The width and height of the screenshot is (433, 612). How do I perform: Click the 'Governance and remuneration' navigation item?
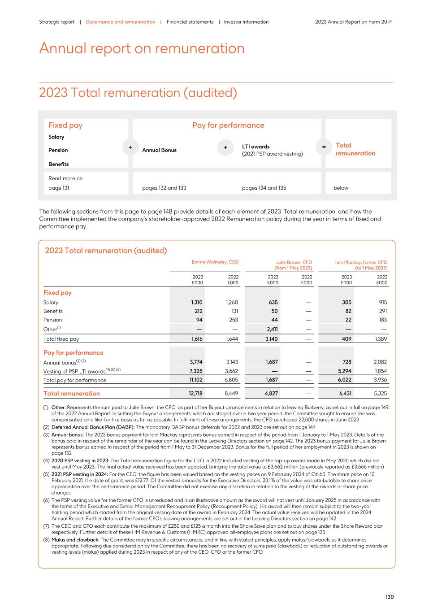coord(120,22)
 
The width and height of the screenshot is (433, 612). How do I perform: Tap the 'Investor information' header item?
coord(246,22)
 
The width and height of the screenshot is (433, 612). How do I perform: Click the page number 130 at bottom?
coord(390,597)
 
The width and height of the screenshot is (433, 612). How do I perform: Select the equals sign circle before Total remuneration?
coord(324,147)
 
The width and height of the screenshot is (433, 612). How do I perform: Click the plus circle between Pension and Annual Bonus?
coord(130,147)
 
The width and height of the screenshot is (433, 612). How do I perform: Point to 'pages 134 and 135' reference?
coord(264,188)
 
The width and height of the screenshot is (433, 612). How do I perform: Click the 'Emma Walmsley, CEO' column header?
coord(215,262)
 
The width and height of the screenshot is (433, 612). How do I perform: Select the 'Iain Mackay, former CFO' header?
coord(361,262)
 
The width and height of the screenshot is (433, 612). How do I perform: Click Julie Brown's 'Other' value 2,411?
coord(271,329)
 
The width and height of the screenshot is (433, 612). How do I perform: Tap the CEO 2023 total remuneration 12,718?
coord(195,394)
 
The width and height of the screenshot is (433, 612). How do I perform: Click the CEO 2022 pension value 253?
coord(233,320)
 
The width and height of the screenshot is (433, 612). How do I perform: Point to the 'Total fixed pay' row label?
coord(61,339)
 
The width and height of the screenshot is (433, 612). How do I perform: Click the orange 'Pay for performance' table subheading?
coord(73,353)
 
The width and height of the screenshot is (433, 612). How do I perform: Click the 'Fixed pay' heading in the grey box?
coord(65,126)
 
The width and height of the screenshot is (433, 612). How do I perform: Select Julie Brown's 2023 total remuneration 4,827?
coord(271,394)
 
